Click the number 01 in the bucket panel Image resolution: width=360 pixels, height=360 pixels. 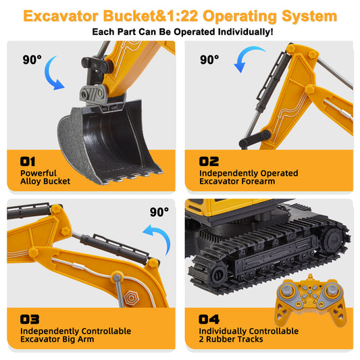click(x=28, y=161)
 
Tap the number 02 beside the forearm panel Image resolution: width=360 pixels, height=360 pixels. click(x=209, y=161)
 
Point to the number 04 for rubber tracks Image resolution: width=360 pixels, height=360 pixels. click(x=209, y=319)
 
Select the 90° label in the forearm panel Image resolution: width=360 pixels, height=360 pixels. click(x=209, y=59)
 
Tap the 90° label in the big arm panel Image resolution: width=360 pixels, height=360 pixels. click(x=159, y=212)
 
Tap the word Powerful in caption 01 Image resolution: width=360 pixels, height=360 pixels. click(x=38, y=173)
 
